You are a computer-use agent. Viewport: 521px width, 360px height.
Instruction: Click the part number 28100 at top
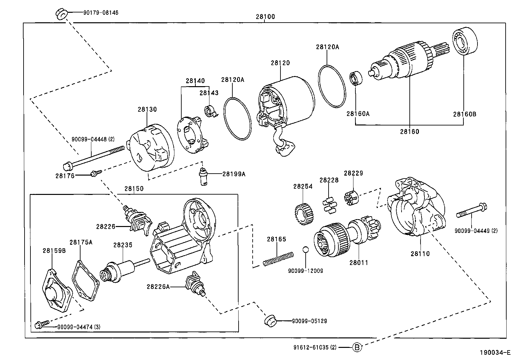265,17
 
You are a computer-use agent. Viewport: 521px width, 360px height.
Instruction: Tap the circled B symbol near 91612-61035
357,347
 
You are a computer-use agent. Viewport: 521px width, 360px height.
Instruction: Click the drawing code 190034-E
495,353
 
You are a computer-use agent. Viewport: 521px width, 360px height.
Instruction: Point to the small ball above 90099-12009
305,250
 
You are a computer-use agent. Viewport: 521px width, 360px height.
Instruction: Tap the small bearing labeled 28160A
355,78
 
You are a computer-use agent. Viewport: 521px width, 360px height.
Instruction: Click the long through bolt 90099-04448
95,157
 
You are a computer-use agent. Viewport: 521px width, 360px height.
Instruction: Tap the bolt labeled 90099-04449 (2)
471,211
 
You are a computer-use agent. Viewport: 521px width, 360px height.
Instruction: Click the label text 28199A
234,174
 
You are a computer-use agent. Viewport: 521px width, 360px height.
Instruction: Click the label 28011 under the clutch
359,262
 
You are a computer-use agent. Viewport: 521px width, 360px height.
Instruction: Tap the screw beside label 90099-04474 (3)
41,325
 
